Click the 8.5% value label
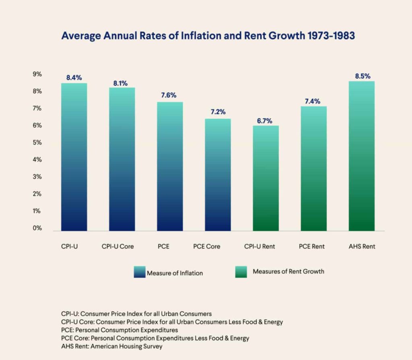click(x=363, y=76)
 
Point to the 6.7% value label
click(x=265, y=120)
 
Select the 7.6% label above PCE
click(x=169, y=95)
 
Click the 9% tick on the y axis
click(x=37, y=74)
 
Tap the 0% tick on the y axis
click(x=37, y=228)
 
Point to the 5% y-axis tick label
click(x=37, y=143)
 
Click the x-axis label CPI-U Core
click(x=117, y=246)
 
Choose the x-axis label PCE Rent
click(x=312, y=246)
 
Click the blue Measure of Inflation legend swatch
click(x=139, y=273)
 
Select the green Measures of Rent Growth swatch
click(x=240, y=272)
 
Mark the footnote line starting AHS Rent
click(x=112, y=346)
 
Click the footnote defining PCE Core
click(x=155, y=338)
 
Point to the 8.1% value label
click(x=120, y=83)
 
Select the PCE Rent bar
click(x=313, y=169)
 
